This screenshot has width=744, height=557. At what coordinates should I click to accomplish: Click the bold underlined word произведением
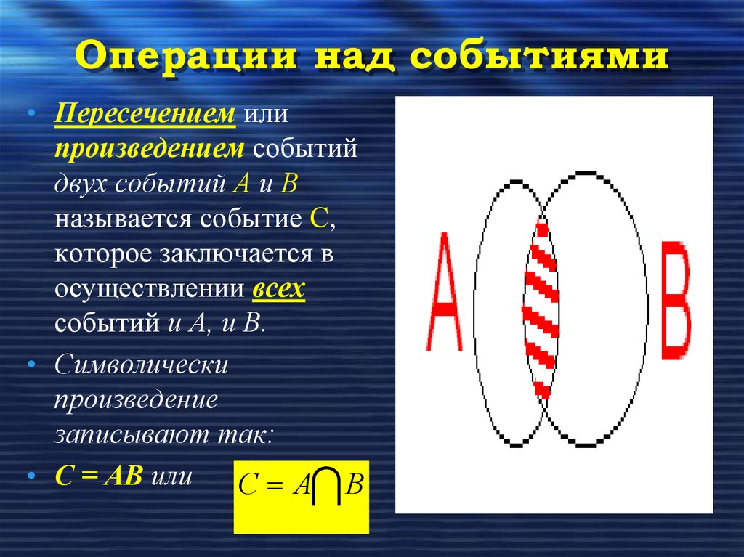(148, 148)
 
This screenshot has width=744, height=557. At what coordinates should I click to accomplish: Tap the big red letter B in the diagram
(675, 301)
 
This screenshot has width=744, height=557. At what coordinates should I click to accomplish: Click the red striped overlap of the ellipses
(541, 305)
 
